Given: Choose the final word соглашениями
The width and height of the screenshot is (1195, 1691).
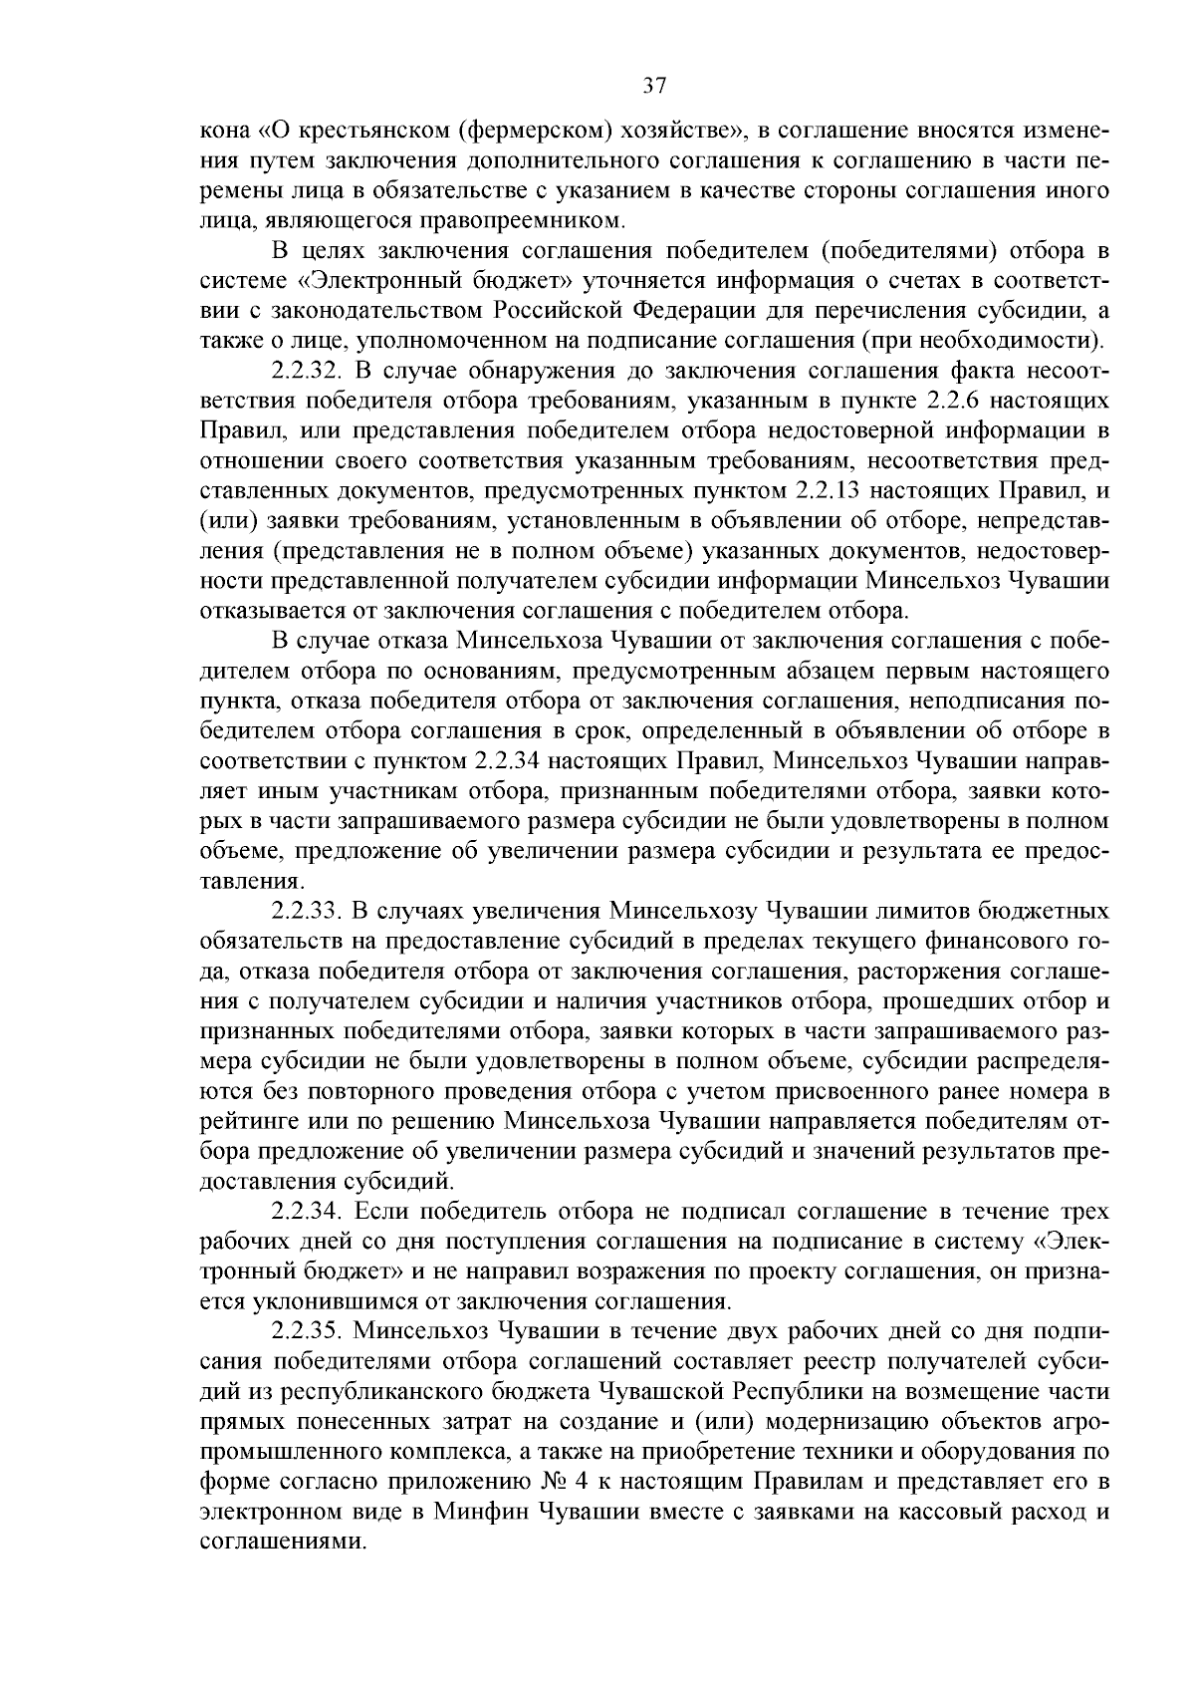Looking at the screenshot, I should [282, 1541].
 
